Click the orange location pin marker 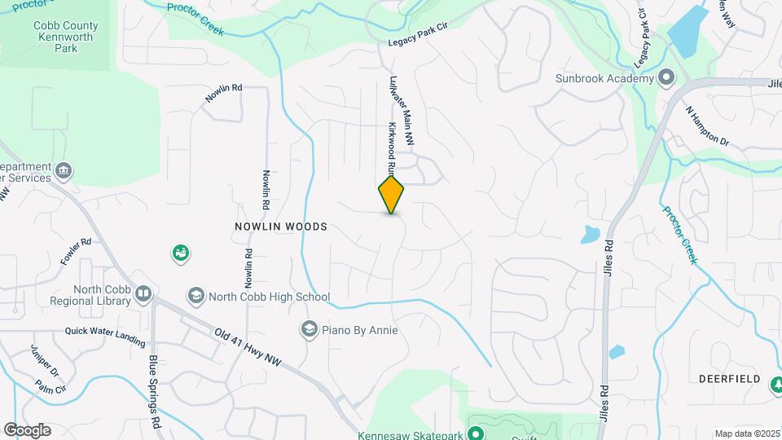coord(392,195)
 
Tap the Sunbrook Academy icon coord(666,78)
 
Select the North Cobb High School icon coord(195,296)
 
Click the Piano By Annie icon coord(309,329)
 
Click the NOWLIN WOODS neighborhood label coord(281,227)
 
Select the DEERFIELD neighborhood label coord(729,379)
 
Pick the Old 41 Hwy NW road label coord(248,347)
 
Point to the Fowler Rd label coord(75,253)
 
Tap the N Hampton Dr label coord(706,127)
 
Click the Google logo coord(27,429)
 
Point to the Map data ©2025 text coord(745,433)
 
